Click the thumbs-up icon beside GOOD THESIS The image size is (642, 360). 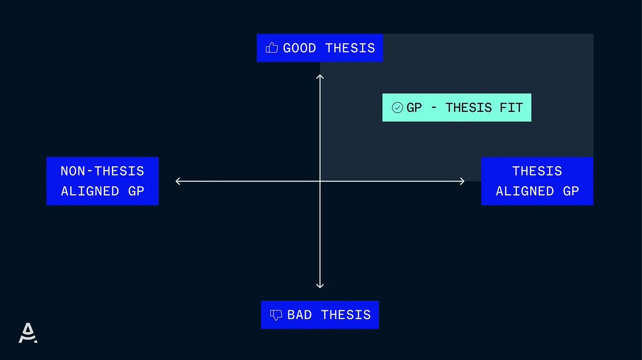[272, 48]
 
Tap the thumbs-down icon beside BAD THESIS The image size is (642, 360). [276, 315]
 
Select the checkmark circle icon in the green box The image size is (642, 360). [398, 108]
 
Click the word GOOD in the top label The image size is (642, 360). [299, 48]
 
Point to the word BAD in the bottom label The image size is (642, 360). [300, 315]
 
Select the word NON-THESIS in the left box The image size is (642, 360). [102, 171]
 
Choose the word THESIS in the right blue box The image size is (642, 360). [537, 171]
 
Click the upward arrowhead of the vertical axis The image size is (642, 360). [320, 77]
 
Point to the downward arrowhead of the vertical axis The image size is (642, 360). [320, 286]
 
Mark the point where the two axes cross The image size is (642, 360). [320, 181]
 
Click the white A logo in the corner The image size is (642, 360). [28, 333]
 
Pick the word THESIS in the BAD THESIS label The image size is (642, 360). [346, 315]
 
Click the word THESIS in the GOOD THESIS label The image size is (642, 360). [350, 48]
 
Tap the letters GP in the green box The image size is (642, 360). [414, 108]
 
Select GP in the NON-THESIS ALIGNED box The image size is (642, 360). [136, 191]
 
